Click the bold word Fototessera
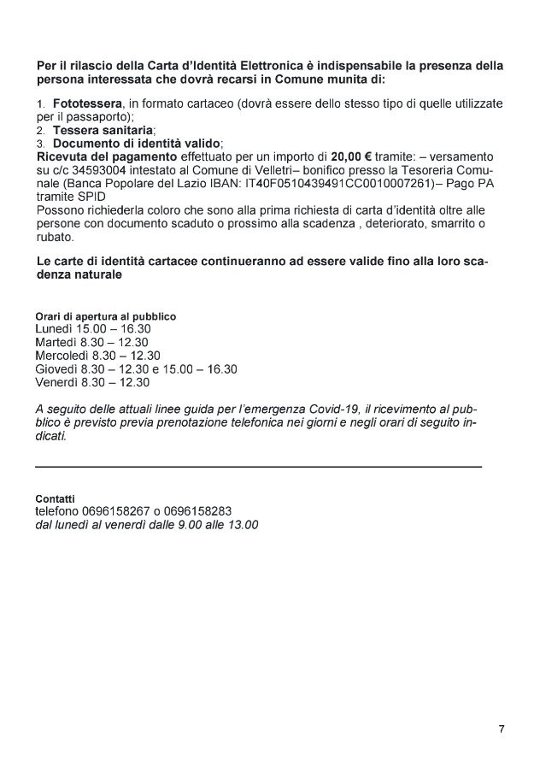(84, 103)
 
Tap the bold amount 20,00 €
(350, 158)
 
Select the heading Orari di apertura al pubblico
(106, 316)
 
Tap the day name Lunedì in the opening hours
(55, 329)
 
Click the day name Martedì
(56, 342)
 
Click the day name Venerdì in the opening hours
(57, 382)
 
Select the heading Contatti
(55, 498)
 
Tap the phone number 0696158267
(112, 511)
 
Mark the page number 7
(502, 729)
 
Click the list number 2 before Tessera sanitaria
(40, 131)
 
